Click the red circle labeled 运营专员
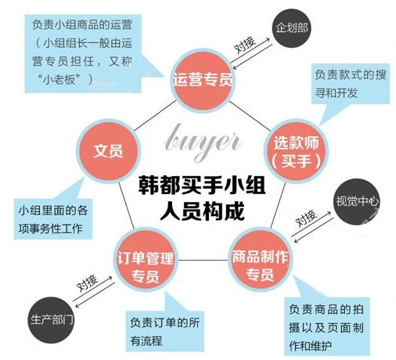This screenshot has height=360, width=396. point(203,81)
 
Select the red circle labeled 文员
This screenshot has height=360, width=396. point(108,150)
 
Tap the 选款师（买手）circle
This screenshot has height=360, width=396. point(296,151)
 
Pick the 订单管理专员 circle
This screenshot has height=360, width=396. point(146,260)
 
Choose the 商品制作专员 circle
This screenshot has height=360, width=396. point(261,260)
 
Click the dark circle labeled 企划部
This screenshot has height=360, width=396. point(292,28)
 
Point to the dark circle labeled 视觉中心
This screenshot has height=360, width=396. point(357,201)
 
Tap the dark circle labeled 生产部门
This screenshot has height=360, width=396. point(52,320)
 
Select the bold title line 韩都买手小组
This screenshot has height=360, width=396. point(202,185)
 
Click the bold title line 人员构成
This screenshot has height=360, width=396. point(202,211)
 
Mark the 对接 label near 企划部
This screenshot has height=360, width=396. point(245,45)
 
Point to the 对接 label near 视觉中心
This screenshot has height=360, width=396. point(306,218)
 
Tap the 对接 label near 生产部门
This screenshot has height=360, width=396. point(87,283)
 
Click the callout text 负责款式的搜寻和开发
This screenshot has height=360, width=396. point(350,84)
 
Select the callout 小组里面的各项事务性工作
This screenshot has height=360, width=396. point(53,219)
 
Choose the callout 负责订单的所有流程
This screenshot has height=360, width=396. point(165,331)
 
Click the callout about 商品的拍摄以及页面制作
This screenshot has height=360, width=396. point(326,327)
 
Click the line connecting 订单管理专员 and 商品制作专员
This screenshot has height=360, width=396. point(203,260)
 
